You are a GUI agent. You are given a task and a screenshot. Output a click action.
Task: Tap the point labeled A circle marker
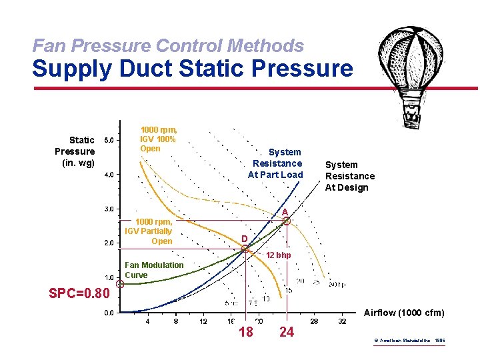tap(287, 221)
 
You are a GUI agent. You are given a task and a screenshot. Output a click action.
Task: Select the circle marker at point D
tap(247, 249)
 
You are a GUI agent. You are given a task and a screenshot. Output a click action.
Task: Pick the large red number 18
tap(246, 332)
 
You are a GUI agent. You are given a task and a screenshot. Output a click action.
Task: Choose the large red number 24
tap(287, 332)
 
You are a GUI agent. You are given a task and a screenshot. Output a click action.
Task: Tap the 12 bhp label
tap(279, 256)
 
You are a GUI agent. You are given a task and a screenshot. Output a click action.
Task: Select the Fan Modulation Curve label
tap(154, 270)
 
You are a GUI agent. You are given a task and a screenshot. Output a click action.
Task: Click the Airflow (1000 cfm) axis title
tap(404, 313)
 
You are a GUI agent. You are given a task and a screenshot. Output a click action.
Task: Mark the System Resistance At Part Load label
tap(275, 163)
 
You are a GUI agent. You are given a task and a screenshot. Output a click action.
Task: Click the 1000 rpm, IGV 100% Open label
tap(158, 139)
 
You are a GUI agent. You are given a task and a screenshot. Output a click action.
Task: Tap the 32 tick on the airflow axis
tap(342, 322)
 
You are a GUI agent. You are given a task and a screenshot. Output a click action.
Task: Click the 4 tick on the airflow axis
tap(147, 322)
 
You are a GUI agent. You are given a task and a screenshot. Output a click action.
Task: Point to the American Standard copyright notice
tap(409, 341)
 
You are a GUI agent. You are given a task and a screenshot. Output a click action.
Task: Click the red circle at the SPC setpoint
tap(120, 284)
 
